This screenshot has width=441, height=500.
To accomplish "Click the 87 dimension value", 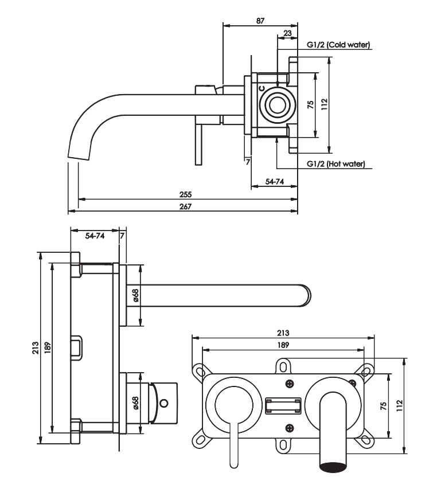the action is click(x=260, y=21).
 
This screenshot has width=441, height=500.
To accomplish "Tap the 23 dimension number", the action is click(x=287, y=33).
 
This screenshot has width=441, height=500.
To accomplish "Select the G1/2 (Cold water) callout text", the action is click(x=338, y=45).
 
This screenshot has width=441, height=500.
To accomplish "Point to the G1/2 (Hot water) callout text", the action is click(x=336, y=164).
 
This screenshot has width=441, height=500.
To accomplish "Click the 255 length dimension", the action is click(x=185, y=194).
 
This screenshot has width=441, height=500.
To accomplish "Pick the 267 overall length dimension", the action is click(x=185, y=206).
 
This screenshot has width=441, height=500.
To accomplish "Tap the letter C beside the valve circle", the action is click(x=262, y=88).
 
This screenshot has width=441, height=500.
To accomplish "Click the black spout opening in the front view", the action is click(x=333, y=465).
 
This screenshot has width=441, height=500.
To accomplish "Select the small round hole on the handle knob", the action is click(x=164, y=403).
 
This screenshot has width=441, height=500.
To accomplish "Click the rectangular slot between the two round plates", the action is click(x=283, y=405).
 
